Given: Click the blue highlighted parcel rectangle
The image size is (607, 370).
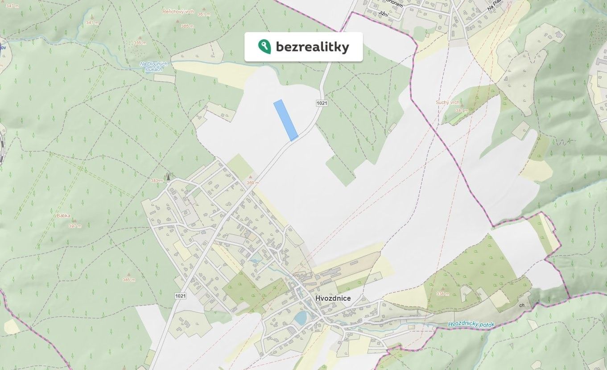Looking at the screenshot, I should pyautogui.click(x=285, y=120).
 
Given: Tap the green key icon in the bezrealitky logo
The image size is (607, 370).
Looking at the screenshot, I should pyautogui.click(x=264, y=46).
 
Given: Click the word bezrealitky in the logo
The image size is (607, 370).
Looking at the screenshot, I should pyautogui.click(x=312, y=47).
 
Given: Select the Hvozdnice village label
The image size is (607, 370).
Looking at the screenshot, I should pyautogui.click(x=333, y=298).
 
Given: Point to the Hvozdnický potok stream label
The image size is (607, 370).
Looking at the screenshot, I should pyautogui.click(x=471, y=325).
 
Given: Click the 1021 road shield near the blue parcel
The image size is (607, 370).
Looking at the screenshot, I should pyautogui.click(x=322, y=103).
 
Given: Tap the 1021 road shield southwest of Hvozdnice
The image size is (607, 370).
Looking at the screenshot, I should pyautogui.click(x=180, y=296).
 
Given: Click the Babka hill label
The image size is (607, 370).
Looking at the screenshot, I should pyautogui.click(x=63, y=216).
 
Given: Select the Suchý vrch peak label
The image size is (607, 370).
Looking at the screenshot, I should pyautogui.click(x=447, y=103).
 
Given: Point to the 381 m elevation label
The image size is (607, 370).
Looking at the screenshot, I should pyautogui.click(x=462, y=110).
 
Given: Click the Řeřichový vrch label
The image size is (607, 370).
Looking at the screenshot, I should pyautogui.click(x=178, y=11).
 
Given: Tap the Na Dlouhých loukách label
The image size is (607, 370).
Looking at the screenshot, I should pyautogui.click(x=153, y=67).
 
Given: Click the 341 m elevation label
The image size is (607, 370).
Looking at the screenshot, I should pyautogui.click(x=92, y=23).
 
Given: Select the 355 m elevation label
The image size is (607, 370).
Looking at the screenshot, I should pyautogui.click(x=140, y=43).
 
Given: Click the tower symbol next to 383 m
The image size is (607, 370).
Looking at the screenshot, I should pyautogui.click(x=168, y=176).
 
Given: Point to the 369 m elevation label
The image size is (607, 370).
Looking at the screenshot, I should pyautogui.click(x=253, y=183).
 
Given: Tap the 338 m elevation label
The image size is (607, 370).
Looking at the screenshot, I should pyautogui.click(x=443, y=294).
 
